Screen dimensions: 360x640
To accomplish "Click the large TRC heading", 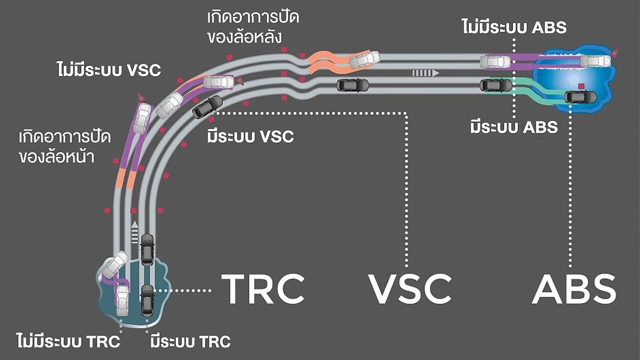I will coord(263,289).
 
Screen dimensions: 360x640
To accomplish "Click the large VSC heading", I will coord(410,289).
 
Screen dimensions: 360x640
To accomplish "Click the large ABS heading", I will coord(574,289).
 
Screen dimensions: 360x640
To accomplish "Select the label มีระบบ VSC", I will coord(250,137).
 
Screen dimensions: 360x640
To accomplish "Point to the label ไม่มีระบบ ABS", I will coord(514,27).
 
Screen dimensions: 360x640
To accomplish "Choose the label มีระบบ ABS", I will coord(514,127).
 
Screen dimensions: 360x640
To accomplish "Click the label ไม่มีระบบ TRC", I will coord(68,342).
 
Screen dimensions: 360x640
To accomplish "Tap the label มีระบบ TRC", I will coord(190,342).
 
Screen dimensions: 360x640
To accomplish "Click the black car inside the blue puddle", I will coord(580,97).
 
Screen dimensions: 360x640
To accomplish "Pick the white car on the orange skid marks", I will coord(365,60).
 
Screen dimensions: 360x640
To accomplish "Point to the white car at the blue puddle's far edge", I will coord(595,61).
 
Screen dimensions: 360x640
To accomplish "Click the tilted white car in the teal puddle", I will coord(115,264).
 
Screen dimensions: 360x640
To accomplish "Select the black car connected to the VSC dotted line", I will coord(207,107).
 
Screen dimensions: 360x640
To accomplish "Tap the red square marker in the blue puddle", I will coord(581,86).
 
